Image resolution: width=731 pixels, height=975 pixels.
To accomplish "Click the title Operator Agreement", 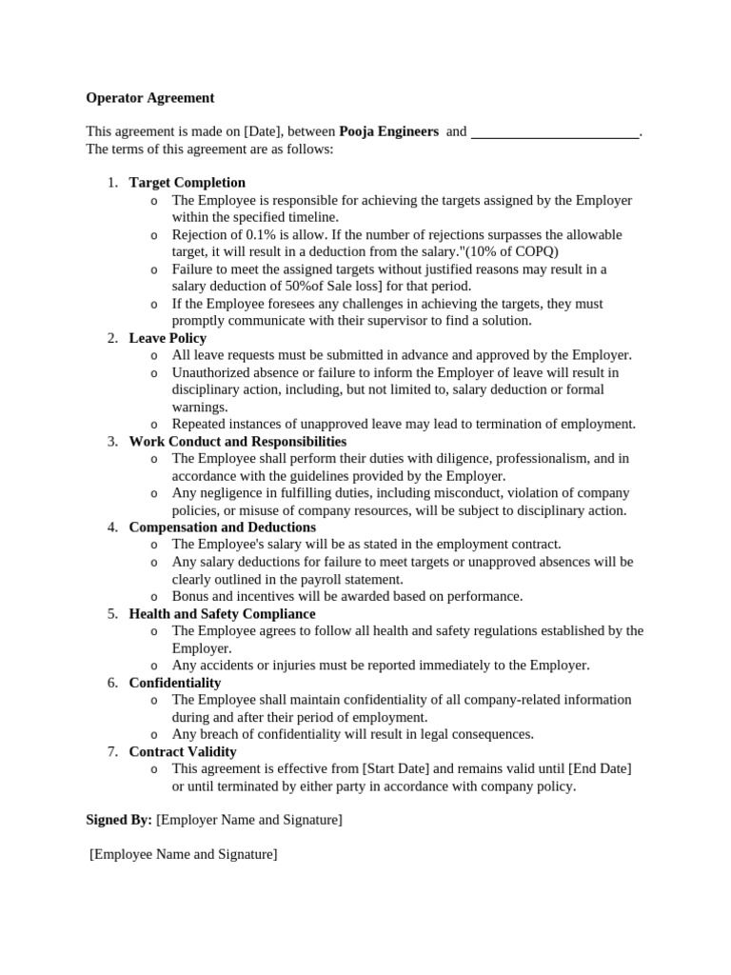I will (149, 98).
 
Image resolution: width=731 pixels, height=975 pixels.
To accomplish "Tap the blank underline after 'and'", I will (555, 133).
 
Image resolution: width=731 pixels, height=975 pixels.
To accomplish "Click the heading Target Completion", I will (187, 183).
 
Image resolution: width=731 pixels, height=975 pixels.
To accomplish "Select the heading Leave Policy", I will (168, 338).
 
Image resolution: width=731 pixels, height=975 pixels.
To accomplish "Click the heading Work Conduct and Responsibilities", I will (237, 442).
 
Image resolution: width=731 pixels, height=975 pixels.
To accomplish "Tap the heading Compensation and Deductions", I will (222, 527).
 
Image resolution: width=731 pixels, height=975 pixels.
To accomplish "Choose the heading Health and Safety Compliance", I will (222, 614).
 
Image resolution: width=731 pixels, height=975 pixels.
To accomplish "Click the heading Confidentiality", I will (174, 683).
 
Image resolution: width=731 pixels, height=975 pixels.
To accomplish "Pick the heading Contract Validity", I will (183, 751).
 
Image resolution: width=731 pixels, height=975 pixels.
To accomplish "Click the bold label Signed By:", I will (119, 820).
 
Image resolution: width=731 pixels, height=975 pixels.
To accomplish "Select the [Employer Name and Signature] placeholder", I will (249, 820).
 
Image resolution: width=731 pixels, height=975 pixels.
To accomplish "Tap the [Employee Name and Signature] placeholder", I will (184, 854).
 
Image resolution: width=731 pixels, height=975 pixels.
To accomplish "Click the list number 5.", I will (111, 614).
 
